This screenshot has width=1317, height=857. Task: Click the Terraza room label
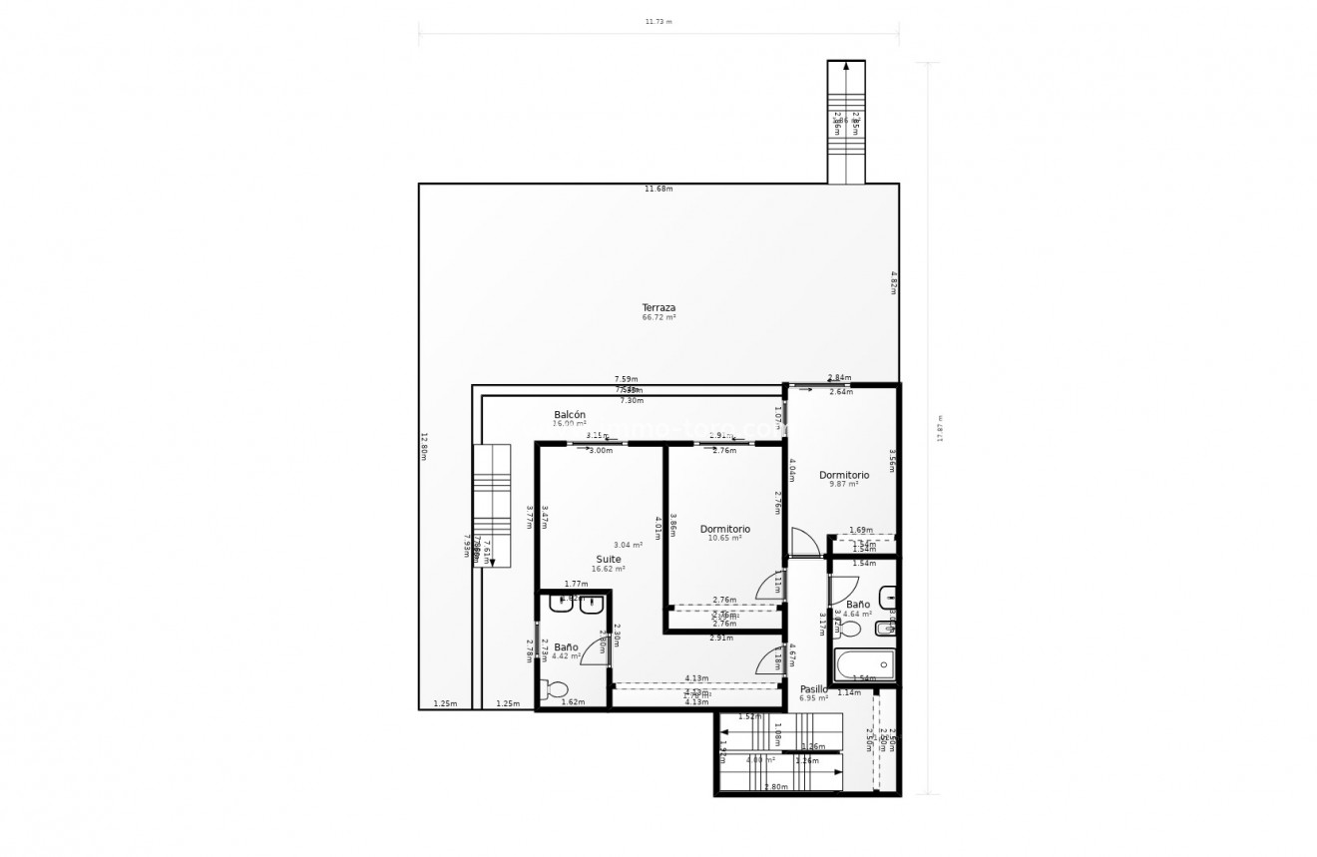pos(658,307)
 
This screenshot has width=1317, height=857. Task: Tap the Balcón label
pos(570,414)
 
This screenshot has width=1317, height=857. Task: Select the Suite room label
pos(608,559)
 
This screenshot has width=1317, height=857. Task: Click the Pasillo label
pos(814,688)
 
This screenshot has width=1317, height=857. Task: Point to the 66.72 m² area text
pos(658,317)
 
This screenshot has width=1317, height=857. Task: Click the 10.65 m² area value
pos(725,539)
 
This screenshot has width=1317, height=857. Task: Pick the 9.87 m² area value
pos(844,485)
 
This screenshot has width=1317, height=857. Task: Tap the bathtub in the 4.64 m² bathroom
pos(864,664)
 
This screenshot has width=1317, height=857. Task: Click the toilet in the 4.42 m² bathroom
pos(553,689)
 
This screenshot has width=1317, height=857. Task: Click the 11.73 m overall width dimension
pos(658,21)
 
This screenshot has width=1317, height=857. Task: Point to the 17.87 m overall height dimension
pos(939,429)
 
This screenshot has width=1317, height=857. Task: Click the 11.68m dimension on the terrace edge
pos(658,189)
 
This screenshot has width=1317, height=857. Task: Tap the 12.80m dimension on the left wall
pos(424,446)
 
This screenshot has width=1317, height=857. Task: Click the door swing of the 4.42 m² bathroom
pos(596,650)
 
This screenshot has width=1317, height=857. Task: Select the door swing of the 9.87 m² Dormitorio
pos(804,542)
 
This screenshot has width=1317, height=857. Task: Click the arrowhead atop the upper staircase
pos(846,67)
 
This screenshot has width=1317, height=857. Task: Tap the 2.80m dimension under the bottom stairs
pos(774,787)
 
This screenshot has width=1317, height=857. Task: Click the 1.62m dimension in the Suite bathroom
pos(573,702)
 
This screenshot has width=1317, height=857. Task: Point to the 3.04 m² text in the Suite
pos(628,545)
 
